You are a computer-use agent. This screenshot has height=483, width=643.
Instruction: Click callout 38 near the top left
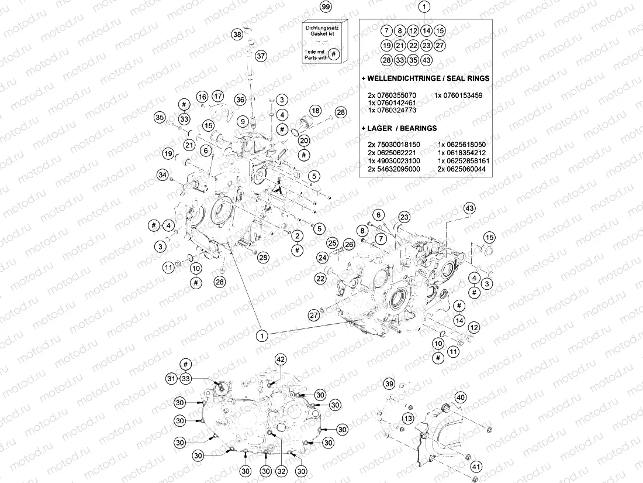tap(237, 35)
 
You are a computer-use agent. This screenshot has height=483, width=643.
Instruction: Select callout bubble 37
tap(260, 56)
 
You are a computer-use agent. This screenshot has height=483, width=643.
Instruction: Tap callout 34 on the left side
tap(163, 174)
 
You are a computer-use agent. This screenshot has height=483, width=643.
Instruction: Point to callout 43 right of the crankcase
tap(469, 209)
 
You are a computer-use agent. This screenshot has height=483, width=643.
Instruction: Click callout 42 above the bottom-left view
tap(281, 359)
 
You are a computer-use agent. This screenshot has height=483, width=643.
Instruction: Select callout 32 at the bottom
tap(282, 471)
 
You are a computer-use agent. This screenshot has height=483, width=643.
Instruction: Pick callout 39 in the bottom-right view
tap(389, 383)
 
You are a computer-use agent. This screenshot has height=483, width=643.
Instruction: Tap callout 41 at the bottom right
tap(476, 467)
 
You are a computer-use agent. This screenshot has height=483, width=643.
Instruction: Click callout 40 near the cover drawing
tap(461, 398)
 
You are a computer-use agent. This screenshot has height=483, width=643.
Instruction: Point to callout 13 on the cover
tap(408, 418)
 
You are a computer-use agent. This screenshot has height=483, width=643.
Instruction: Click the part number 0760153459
tap(458, 95)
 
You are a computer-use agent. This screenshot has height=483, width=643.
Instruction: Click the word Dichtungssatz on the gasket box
tap(322, 28)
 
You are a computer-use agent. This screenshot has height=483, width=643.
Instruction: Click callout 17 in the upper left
tap(218, 96)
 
